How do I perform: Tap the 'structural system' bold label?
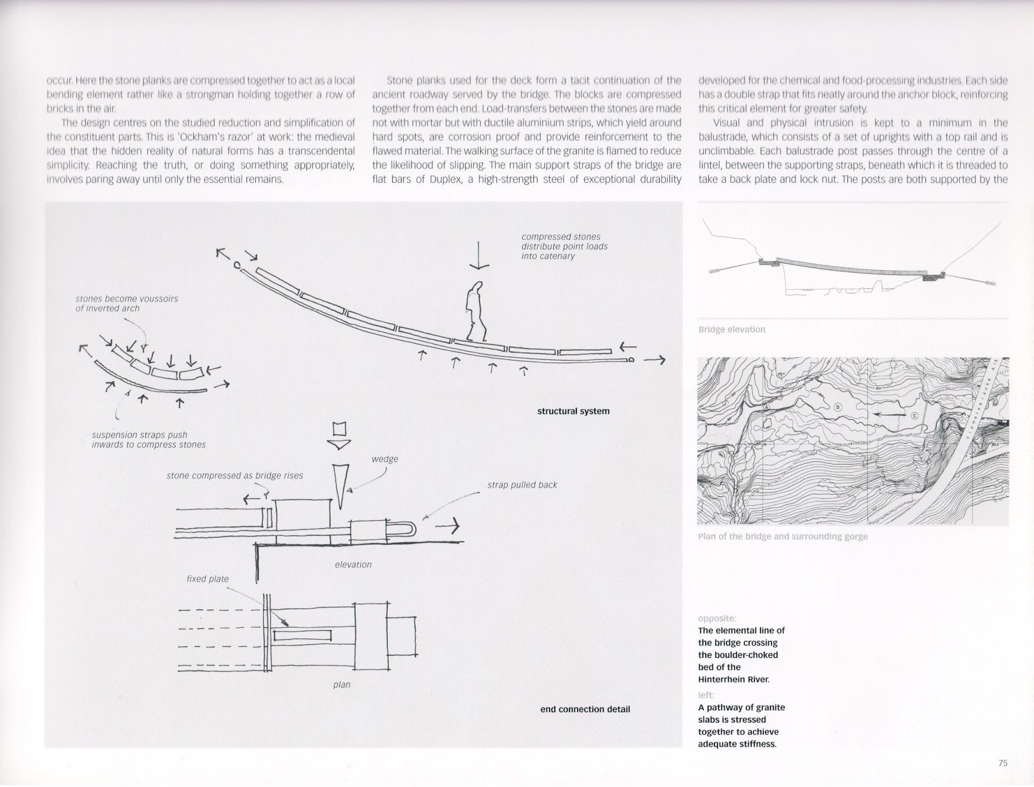point(573,411)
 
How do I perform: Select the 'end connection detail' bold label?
point(585,709)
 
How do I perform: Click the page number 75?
point(1002,762)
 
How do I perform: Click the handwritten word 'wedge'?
point(385,459)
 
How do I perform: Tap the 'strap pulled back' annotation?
point(522,485)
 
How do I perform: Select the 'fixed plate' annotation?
point(207,579)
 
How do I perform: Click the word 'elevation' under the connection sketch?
point(353,564)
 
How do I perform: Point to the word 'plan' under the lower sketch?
point(341,684)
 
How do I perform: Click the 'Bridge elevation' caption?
point(732,330)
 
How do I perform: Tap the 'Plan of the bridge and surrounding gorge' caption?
point(783,536)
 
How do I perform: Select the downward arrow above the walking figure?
point(479,255)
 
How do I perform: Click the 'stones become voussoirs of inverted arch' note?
point(127,303)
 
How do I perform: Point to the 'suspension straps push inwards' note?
point(149,439)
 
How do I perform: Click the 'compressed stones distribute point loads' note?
point(564,246)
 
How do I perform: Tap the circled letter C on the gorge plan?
point(914,416)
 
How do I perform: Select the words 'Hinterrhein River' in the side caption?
point(734,679)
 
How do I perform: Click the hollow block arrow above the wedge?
point(340,436)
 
